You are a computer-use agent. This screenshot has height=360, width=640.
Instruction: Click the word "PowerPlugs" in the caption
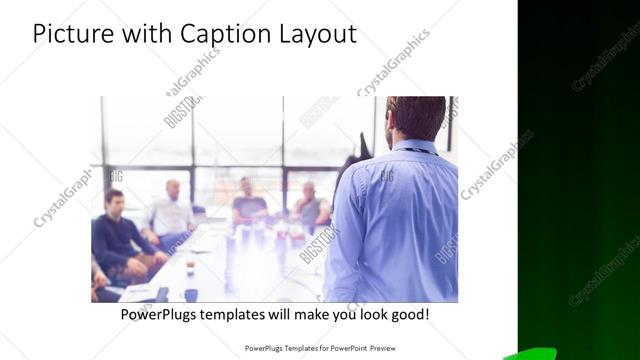coord(160,314)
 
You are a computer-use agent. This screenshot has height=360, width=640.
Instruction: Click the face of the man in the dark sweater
coord(114,200)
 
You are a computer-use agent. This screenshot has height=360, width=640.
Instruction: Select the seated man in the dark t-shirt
coord(247,199)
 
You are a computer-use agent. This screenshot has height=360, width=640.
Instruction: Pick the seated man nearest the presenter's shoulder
coord(310,204)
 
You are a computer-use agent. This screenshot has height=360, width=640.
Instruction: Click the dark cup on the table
coord(190,295)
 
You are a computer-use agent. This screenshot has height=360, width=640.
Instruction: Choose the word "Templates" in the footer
coord(287,349)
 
